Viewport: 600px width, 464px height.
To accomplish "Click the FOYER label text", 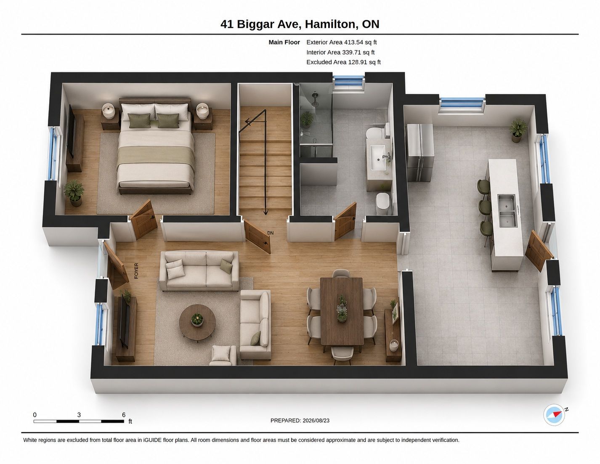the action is (x=136, y=271).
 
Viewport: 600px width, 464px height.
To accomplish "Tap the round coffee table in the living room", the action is (x=197, y=322).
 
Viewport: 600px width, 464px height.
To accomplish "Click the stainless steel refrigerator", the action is (x=419, y=153).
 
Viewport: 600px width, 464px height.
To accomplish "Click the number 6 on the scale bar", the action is (x=124, y=415).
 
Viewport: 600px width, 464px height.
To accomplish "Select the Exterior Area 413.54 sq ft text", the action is (x=342, y=42).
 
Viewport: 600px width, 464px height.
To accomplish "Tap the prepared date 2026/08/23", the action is (x=316, y=420).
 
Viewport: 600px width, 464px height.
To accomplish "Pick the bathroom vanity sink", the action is (x=378, y=158).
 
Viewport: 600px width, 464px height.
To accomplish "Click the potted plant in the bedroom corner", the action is (x=74, y=193).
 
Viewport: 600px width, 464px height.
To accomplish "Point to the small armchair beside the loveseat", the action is (x=224, y=355).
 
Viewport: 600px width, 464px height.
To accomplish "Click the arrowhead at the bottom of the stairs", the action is (x=265, y=212).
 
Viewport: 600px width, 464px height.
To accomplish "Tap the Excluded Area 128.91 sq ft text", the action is (x=343, y=62).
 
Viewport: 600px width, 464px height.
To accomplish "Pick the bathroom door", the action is (x=345, y=221).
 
